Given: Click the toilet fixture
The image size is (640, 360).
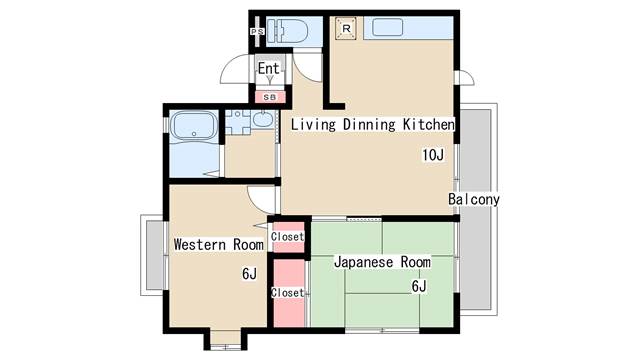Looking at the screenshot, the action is tap(287, 30).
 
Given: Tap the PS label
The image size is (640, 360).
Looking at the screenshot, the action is tap(257, 31).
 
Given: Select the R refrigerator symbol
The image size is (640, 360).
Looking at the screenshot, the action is tap(346, 29).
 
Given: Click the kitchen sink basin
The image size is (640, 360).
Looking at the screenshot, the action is tap(388, 27).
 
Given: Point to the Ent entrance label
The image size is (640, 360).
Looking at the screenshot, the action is tap(269, 69).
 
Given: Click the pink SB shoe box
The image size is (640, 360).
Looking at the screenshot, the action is tap(270, 97).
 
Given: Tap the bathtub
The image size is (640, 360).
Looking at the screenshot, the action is tap(193, 126).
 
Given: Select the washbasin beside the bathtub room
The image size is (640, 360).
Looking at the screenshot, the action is tap(263, 119).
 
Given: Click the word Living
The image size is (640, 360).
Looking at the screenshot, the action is tap(313, 124).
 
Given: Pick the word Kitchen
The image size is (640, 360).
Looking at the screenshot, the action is tap(429, 124).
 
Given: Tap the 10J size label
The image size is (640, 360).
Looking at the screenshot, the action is tap(433, 155).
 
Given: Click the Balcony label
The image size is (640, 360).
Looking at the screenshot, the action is tap(474, 199).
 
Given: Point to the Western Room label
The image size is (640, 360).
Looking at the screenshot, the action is tap(218, 244).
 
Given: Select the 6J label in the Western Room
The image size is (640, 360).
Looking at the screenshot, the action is tap(249, 273).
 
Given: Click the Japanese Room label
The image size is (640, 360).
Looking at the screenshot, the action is tap(382, 262).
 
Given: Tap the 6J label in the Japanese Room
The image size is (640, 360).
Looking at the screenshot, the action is tap(419, 287).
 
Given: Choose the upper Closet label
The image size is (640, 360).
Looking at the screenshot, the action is tap(287, 236).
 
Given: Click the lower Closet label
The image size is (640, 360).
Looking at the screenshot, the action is tap(287, 293).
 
